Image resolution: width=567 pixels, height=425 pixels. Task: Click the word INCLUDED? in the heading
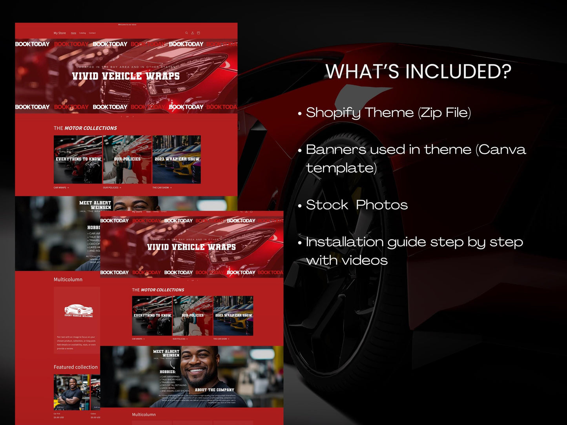click(458, 72)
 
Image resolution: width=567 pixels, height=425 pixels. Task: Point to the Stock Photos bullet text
click(357, 205)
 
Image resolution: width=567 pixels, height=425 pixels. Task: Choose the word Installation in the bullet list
click(345, 242)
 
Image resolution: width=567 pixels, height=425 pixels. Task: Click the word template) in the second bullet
click(341, 168)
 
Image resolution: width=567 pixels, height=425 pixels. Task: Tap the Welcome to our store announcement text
click(127, 25)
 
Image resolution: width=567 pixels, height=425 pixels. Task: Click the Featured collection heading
click(76, 367)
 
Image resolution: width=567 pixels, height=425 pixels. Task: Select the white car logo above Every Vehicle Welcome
click(78, 309)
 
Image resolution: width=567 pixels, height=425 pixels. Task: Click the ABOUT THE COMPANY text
click(214, 390)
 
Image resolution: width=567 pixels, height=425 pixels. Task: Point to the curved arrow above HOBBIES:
click(173, 365)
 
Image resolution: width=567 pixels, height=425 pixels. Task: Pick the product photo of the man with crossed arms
click(71, 392)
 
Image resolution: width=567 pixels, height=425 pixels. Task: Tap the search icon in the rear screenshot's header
click(186, 33)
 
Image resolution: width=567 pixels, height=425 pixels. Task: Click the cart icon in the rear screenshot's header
click(198, 33)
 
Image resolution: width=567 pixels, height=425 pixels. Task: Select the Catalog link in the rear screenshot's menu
click(82, 33)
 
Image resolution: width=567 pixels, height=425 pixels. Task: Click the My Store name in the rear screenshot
click(60, 33)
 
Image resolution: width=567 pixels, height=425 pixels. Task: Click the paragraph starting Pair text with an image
click(76, 343)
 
